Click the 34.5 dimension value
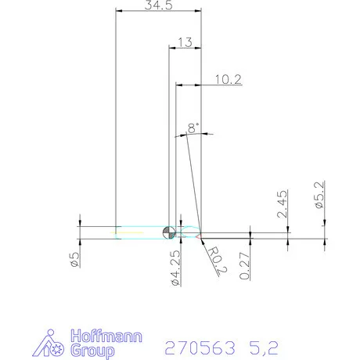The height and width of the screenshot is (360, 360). click(158, 5)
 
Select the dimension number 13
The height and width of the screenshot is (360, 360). click(185, 42)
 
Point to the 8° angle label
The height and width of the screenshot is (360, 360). click(193, 127)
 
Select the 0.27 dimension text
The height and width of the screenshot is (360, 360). click(245, 265)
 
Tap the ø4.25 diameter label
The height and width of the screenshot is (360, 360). click(176, 267)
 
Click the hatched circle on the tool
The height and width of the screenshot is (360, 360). click(169, 232)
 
